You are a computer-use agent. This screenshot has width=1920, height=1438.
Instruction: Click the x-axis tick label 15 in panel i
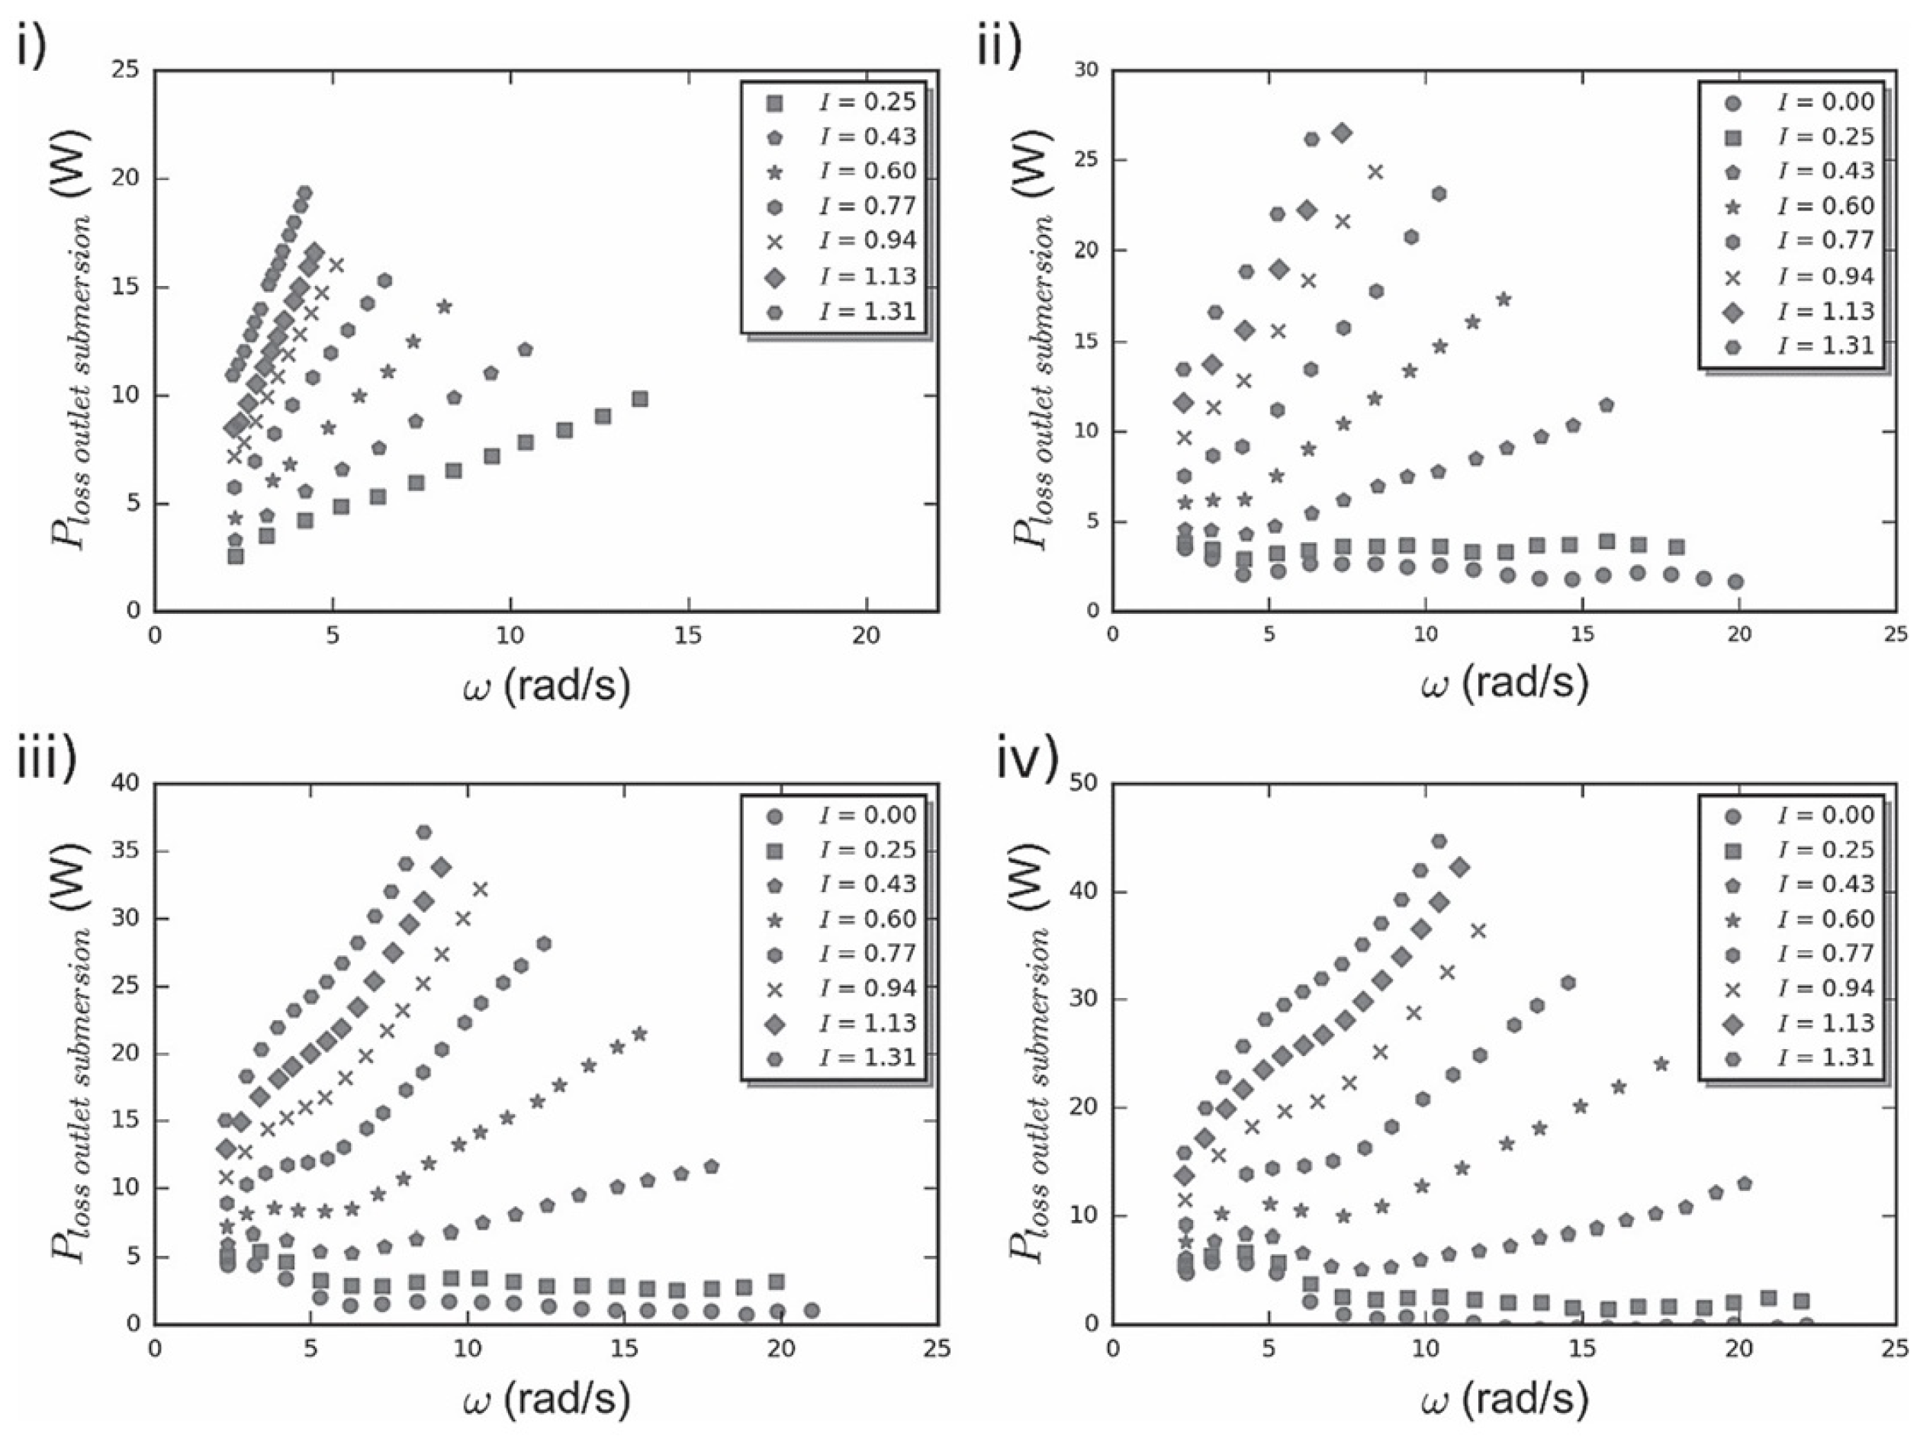click(x=688, y=636)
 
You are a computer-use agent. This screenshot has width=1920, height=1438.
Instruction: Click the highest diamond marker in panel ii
click(x=1342, y=133)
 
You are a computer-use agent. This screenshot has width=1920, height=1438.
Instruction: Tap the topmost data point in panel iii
click(x=423, y=833)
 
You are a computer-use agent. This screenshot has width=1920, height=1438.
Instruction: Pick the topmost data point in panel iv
click(x=1438, y=841)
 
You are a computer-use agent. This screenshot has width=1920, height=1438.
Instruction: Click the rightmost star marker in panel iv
click(x=1661, y=1064)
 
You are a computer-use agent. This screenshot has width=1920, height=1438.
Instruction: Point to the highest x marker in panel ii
click(x=1375, y=172)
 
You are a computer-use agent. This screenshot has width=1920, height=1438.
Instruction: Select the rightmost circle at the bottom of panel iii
click(x=812, y=1311)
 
